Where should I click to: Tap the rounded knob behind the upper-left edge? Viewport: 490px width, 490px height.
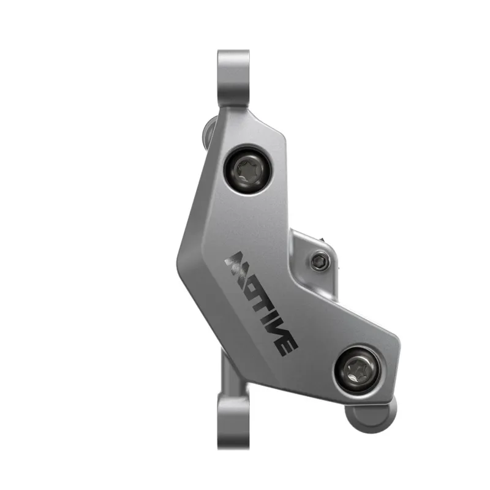208,134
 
